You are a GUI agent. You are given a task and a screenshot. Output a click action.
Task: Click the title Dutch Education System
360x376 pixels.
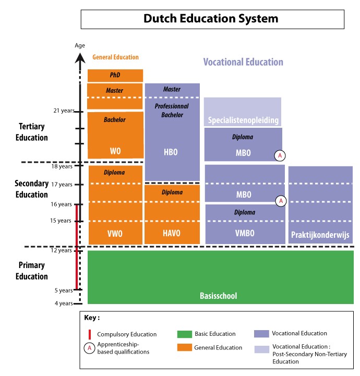[x=211, y=18]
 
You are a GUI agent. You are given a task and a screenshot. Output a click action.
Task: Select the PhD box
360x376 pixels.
[x=115, y=76]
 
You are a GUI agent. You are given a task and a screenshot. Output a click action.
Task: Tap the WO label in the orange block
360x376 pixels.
[x=115, y=151]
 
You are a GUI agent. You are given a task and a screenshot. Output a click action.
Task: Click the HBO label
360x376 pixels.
[x=171, y=152]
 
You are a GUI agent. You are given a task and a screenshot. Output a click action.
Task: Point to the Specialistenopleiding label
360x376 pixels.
[x=243, y=120]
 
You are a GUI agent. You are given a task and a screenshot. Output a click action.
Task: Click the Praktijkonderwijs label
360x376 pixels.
[x=320, y=235]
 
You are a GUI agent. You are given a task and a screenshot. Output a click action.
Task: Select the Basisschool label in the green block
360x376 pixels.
[x=219, y=296]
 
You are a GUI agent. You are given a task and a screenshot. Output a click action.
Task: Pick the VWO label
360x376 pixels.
[x=115, y=234]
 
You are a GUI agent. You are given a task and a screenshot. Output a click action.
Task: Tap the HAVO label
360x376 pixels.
[x=172, y=233]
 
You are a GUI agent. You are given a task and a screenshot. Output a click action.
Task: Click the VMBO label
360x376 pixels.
[x=245, y=233]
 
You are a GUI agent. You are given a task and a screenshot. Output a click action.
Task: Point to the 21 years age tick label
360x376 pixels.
[x=64, y=111]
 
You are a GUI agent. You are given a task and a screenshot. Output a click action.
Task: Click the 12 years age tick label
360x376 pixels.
[x=61, y=250]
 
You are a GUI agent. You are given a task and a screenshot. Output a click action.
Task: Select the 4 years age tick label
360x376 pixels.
[x=64, y=304]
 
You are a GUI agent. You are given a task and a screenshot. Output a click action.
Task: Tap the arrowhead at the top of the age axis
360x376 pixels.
[x=80, y=58]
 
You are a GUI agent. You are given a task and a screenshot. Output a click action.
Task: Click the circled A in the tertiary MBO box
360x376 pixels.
[x=280, y=155]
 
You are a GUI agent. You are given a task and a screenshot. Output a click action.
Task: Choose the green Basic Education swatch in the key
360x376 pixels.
[x=185, y=334]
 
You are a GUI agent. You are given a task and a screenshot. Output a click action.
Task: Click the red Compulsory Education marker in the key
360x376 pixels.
[x=90, y=334]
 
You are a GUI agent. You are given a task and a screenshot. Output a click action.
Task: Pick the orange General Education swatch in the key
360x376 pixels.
[x=185, y=347]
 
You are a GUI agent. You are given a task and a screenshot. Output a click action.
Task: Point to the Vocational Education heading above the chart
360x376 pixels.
[x=243, y=62]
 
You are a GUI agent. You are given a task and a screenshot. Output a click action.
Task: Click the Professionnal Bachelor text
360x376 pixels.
[x=172, y=111]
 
